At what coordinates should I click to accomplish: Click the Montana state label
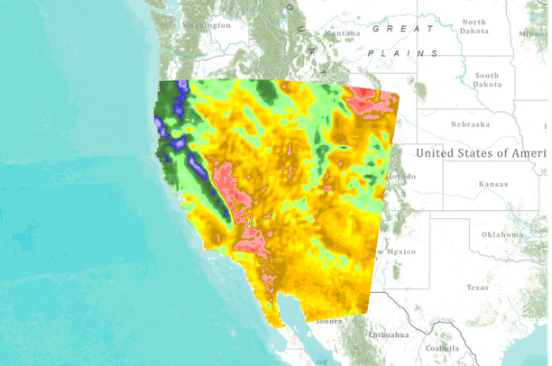click(x=342, y=34)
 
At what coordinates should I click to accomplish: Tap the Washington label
click(x=207, y=25)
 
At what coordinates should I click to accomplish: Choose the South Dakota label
click(x=486, y=80)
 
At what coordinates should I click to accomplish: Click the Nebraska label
click(x=470, y=124)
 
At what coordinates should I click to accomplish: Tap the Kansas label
click(x=492, y=183)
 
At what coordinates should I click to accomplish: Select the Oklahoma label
click(x=501, y=234)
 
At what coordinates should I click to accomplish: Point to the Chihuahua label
click(x=389, y=334)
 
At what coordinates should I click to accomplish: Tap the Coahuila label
click(x=443, y=348)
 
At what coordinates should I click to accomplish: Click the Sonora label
click(x=327, y=321)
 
